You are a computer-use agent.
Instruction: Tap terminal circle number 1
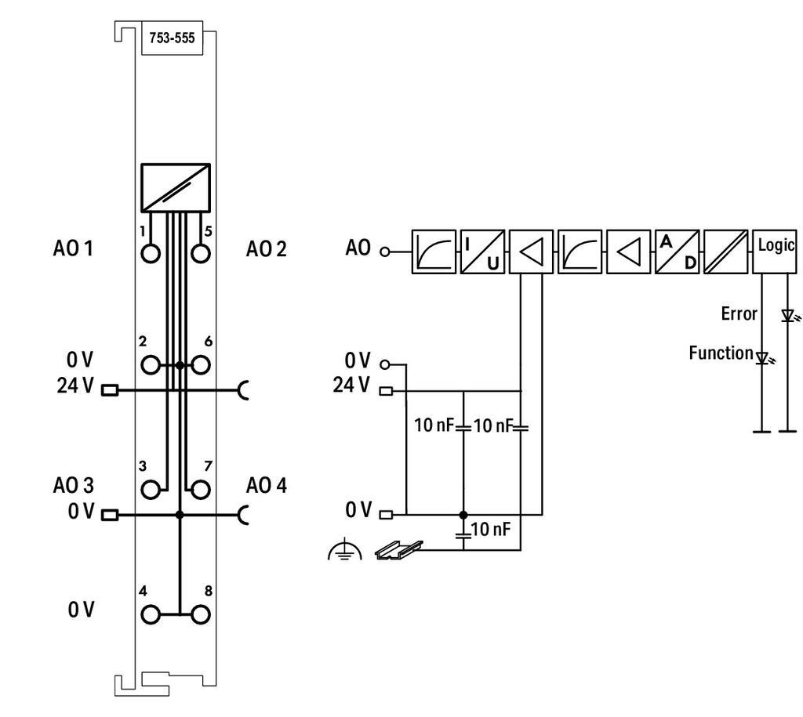click(x=151, y=254)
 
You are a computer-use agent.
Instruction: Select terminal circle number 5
click(x=201, y=254)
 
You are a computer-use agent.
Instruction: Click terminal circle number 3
click(x=151, y=490)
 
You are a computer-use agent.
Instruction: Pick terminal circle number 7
click(x=201, y=490)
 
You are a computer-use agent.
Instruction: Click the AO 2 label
click(x=266, y=249)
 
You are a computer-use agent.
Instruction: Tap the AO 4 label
click(x=266, y=485)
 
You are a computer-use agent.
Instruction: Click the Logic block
click(x=775, y=251)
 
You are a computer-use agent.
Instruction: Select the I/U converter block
click(x=481, y=251)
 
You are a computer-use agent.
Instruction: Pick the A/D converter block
click(x=677, y=251)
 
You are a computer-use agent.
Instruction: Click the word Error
click(x=739, y=314)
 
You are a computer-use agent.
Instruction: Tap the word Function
click(x=721, y=353)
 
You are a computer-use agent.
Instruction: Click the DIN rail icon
click(x=398, y=550)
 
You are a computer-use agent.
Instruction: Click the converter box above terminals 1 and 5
click(x=176, y=187)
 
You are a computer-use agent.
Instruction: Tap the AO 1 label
click(x=73, y=249)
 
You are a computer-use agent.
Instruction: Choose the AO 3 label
click(x=73, y=485)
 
